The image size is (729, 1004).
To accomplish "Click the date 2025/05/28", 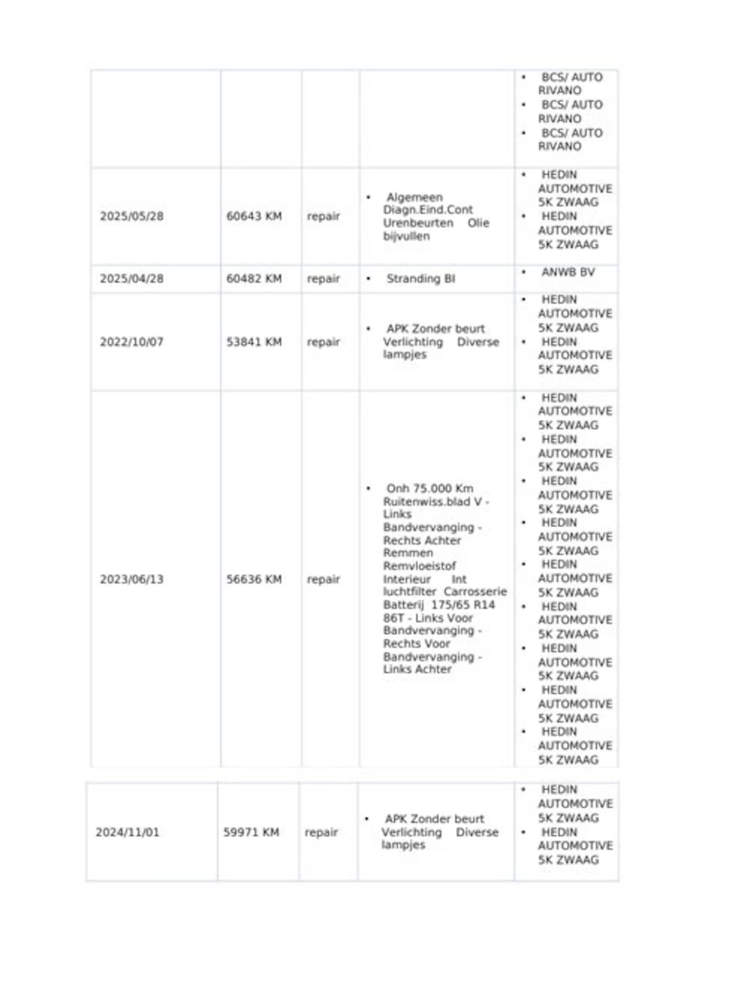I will point(132,216).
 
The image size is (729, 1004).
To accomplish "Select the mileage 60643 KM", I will point(254,216).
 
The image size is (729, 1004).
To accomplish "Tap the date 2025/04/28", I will point(132,279).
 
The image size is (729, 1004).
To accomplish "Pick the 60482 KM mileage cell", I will point(254,279).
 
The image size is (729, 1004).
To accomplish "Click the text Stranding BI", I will point(420,279).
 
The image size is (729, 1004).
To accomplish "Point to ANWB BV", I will point(568,272).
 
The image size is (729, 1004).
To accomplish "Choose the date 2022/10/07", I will point(132,342).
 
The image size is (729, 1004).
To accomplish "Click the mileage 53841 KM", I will point(254,342).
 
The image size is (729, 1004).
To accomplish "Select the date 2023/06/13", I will point(132,579).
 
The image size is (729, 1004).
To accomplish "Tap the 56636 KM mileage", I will point(254,579).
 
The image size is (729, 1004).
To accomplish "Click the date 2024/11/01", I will point(128,832).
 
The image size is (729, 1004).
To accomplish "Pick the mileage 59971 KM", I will point(251,832).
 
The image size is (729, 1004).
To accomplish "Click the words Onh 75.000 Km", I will point(429,488).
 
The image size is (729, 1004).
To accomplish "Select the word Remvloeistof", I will point(419,566).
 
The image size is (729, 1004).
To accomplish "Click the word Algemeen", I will point(414,197).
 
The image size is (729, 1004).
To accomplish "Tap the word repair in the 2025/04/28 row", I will point(323,279).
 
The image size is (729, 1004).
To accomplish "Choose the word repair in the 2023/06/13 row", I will point(323,579).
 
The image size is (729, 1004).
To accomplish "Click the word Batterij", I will point(403,605).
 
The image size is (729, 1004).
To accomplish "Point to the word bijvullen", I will point(406,236).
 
